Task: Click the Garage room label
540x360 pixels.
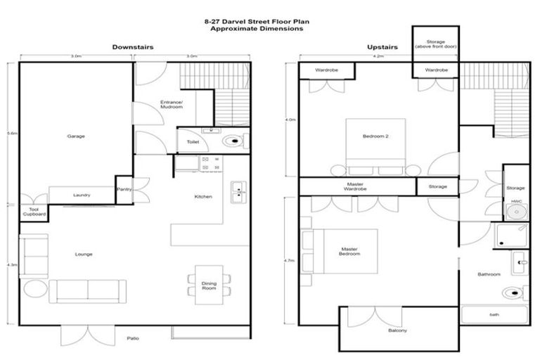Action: click(x=76, y=136)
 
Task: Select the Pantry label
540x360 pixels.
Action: click(x=124, y=188)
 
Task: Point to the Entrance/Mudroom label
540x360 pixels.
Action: click(x=172, y=105)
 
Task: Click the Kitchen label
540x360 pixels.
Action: click(x=203, y=196)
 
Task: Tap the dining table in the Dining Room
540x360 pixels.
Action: click(x=209, y=284)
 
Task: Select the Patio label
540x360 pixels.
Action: click(x=133, y=339)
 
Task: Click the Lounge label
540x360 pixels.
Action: click(x=84, y=254)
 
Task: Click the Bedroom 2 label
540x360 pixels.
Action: click(x=375, y=136)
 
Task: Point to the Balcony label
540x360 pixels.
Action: click(x=398, y=330)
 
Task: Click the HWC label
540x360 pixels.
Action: click(x=516, y=201)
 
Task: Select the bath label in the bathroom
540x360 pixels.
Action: click(x=494, y=314)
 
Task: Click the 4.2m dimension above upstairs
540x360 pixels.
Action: click(x=378, y=56)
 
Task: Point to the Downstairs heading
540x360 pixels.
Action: click(x=133, y=47)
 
